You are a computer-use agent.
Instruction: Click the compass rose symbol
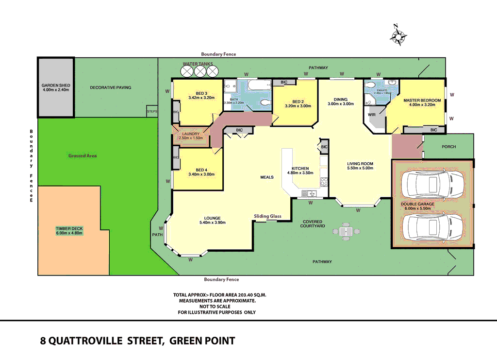(x=398, y=35)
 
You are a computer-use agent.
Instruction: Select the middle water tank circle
(x=199, y=71)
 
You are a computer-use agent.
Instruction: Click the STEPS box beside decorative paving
(x=152, y=112)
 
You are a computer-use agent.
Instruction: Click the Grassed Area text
(x=82, y=155)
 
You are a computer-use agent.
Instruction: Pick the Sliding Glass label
(x=267, y=216)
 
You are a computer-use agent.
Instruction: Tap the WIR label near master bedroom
(x=372, y=115)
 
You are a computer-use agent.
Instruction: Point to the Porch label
(x=448, y=146)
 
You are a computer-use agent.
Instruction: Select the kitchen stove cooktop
(x=324, y=182)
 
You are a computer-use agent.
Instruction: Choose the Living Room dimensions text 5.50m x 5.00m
(x=360, y=169)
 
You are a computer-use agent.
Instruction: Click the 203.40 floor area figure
(x=246, y=295)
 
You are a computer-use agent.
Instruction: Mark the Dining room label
(x=341, y=100)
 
